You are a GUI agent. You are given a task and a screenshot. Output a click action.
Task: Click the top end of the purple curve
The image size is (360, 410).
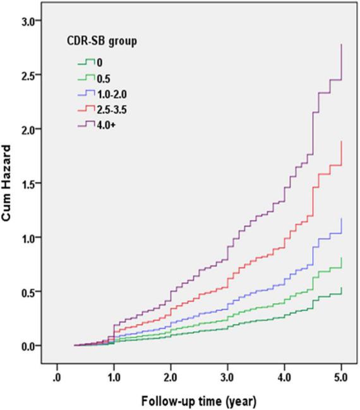tap(342, 45)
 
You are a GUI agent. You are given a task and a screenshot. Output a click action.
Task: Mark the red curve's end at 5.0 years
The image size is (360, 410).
tap(342, 142)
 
